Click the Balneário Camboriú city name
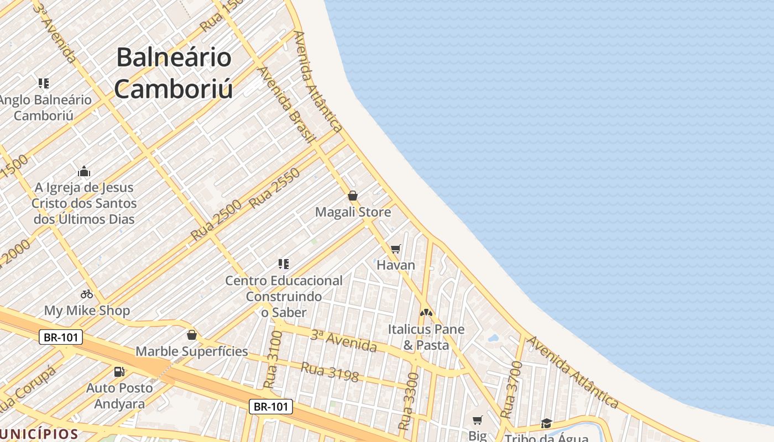click(174, 73)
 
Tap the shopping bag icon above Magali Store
click(353, 196)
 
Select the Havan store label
click(395, 265)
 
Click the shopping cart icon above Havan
click(395, 249)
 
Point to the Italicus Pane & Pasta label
click(426, 337)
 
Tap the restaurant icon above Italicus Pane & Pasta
click(426, 313)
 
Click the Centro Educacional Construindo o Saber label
click(284, 296)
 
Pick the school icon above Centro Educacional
click(284, 264)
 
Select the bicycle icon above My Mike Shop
click(87, 294)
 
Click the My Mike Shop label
click(87, 311)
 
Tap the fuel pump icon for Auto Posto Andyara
click(119, 372)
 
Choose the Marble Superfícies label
click(192, 351)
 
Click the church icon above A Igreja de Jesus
click(84, 171)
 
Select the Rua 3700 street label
click(511, 389)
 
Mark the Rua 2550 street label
click(274, 188)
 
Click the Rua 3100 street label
click(273, 359)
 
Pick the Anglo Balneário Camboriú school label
click(44, 108)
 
